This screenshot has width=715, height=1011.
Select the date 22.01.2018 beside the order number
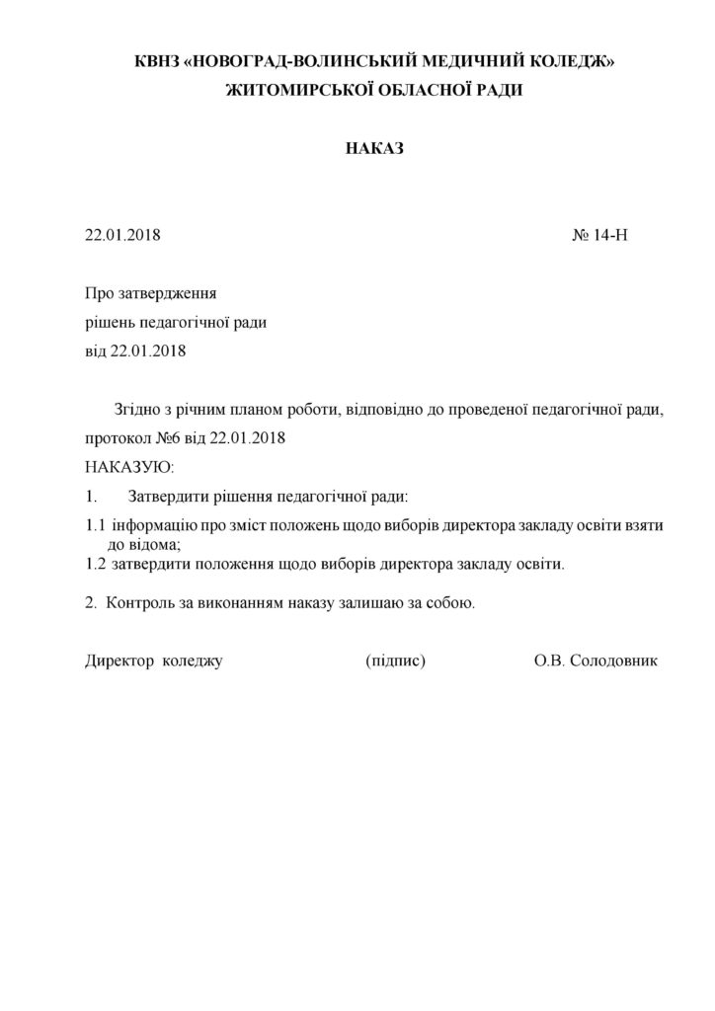(122, 236)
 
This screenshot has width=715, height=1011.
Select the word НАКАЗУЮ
(129, 464)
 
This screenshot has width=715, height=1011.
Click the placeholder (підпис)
(395, 660)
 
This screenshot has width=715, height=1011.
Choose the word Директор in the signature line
(117, 660)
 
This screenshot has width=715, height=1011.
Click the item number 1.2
(95, 565)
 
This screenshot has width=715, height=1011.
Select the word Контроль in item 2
(145, 602)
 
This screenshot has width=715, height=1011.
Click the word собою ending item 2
(452, 602)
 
